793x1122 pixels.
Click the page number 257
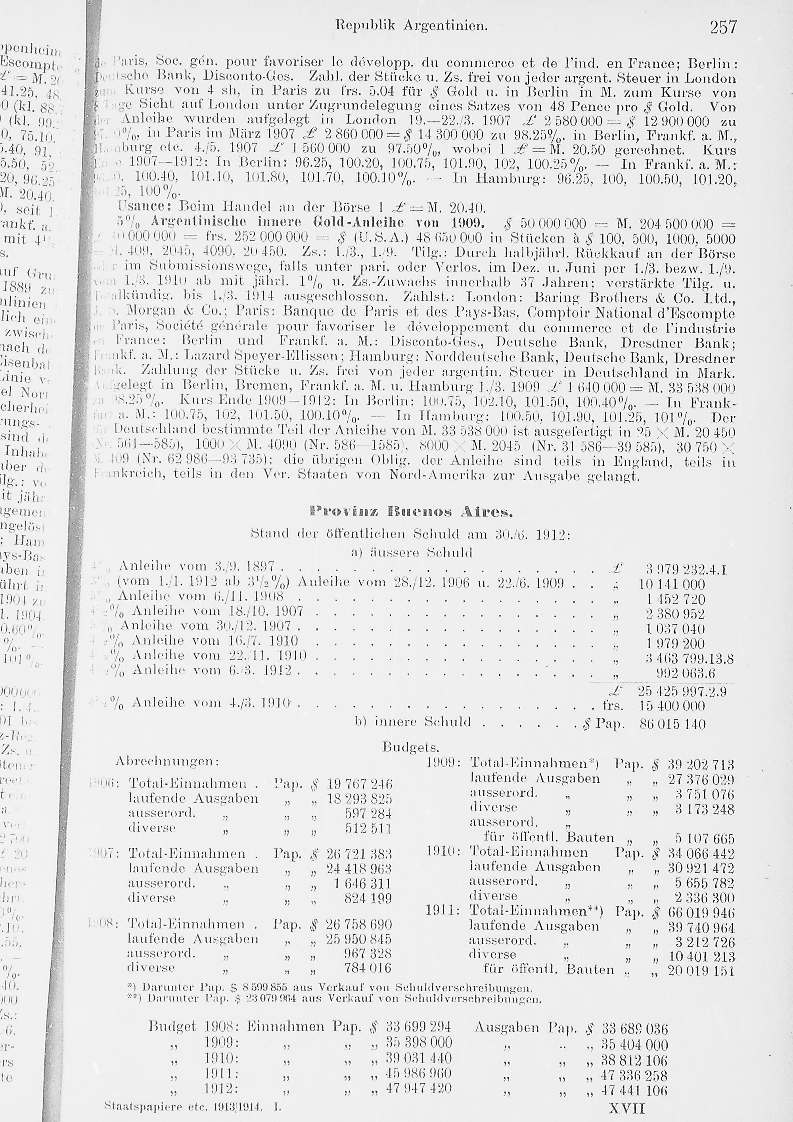pos(723,27)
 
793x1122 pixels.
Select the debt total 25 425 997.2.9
pos(682,692)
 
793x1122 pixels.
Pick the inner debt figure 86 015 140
pos(672,724)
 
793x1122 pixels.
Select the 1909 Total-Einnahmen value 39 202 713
pos(701,765)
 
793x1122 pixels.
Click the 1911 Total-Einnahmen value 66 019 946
pos(701,913)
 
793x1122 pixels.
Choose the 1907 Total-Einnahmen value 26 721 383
pos(359,854)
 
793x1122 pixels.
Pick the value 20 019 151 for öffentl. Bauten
pos(701,970)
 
